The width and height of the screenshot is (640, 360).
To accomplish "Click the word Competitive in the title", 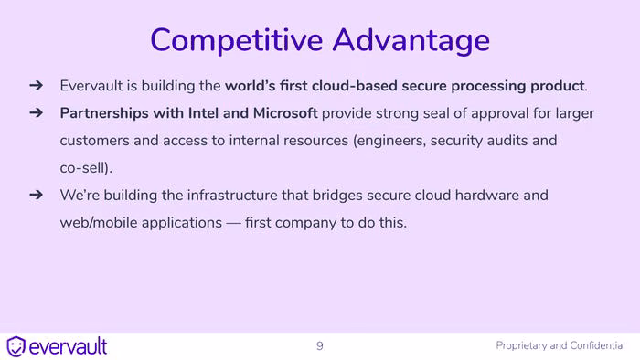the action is pyautogui.click(x=237, y=40).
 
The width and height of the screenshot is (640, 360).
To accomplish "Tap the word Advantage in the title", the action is pyautogui.click(x=411, y=40).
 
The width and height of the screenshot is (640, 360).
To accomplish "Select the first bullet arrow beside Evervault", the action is pyautogui.click(x=37, y=85).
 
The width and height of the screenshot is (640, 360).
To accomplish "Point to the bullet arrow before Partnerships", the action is pyautogui.click(x=37, y=112).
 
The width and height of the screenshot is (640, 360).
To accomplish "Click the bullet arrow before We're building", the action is pyautogui.click(x=37, y=195).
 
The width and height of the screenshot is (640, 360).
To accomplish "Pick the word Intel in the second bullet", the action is pyautogui.click(x=203, y=113).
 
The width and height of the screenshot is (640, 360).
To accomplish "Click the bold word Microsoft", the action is pyautogui.click(x=285, y=113).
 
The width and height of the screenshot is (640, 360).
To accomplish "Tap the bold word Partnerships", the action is pyautogui.click(x=104, y=113).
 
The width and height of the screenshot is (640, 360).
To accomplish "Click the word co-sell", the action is pyautogui.click(x=83, y=167).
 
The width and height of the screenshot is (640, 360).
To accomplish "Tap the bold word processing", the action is pyautogui.click(x=488, y=87).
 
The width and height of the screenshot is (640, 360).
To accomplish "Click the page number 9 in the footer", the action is pyautogui.click(x=320, y=346).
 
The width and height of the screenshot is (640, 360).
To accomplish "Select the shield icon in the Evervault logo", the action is pyautogui.click(x=16, y=346).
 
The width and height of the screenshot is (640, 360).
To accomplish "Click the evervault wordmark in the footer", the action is pyautogui.click(x=69, y=346).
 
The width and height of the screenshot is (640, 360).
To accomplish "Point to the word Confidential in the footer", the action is pyautogui.click(x=597, y=345).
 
